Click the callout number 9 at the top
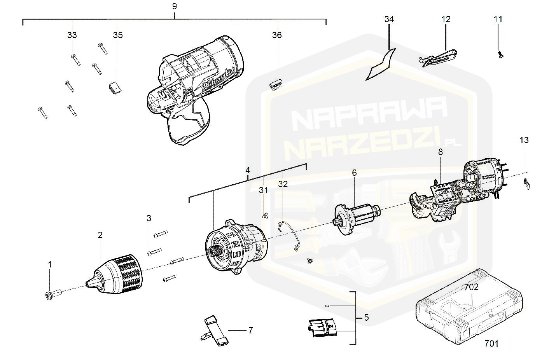tap(174, 6)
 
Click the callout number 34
tap(389, 19)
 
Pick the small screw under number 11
tap(498, 54)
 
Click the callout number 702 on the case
tap(471, 288)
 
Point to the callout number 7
tap(250, 330)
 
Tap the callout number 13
tap(524, 140)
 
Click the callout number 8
tap(440, 152)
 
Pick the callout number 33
tap(72, 35)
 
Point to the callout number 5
tap(366, 318)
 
